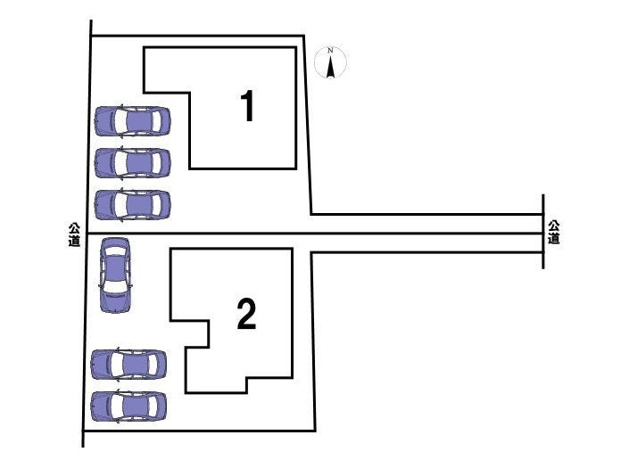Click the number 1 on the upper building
click(x=248, y=107)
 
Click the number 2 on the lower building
click(x=246, y=315)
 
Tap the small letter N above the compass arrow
click(x=331, y=50)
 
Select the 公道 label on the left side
click(x=75, y=234)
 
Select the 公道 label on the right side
click(x=554, y=233)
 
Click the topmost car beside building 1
click(x=132, y=120)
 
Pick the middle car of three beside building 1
click(x=132, y=162)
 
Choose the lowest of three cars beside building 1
click(x=132, y=205)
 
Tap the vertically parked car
click(x=115, y=275)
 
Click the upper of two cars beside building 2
click(x=129, y=364)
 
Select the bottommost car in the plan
click(x=129, y=406)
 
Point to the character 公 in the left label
click(x=75, y=228)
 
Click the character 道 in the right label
click(x=554, y=239)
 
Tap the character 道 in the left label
click(x=75, y=241)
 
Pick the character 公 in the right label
click(x=554, y=226)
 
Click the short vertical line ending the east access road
click(x=543, y=233)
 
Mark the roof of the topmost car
click(x=137, y=120)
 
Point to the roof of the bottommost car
click(x=134, y=406)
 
